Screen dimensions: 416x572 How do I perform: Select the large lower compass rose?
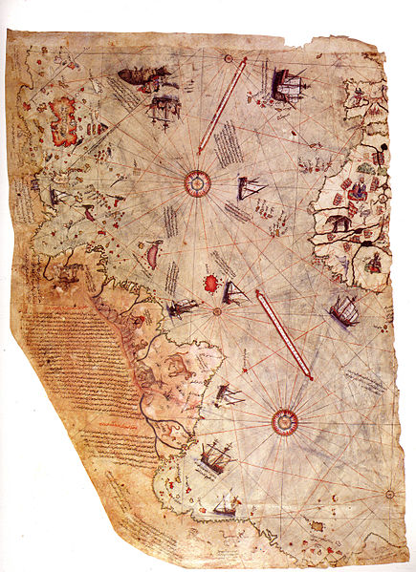pos(284,421)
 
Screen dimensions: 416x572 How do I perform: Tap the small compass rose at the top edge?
pos(229,59)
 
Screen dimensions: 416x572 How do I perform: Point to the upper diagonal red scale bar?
pos(222,105)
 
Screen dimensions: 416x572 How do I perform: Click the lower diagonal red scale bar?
pos(284,334)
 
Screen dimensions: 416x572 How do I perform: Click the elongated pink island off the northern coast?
pos(150,254)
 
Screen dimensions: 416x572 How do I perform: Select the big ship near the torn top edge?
pos(286,86)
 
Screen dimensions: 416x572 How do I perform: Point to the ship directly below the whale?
pos(163,107)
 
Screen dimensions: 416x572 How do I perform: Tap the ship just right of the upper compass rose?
pos(250,188)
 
